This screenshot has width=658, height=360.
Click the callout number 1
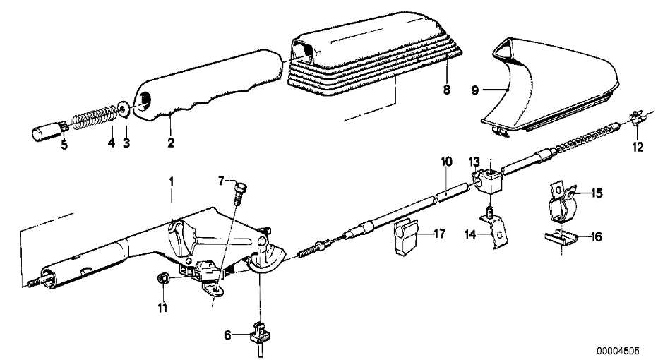click(172, 182)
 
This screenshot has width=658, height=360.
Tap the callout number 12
click(638, 148)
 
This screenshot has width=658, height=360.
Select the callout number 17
click(439, 233)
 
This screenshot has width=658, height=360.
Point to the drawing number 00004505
click(618, 351)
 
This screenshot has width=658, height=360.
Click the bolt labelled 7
click(241, 191)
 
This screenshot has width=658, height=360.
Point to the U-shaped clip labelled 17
click(406, 238)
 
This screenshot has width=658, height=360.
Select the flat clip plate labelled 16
click(561, 239)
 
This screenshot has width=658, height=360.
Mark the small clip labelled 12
click(637, 116)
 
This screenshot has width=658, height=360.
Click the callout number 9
click(475, 90)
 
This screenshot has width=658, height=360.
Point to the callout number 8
click(446, 90)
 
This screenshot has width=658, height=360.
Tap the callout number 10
click(446, 161)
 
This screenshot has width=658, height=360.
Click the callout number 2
click(170, 143)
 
